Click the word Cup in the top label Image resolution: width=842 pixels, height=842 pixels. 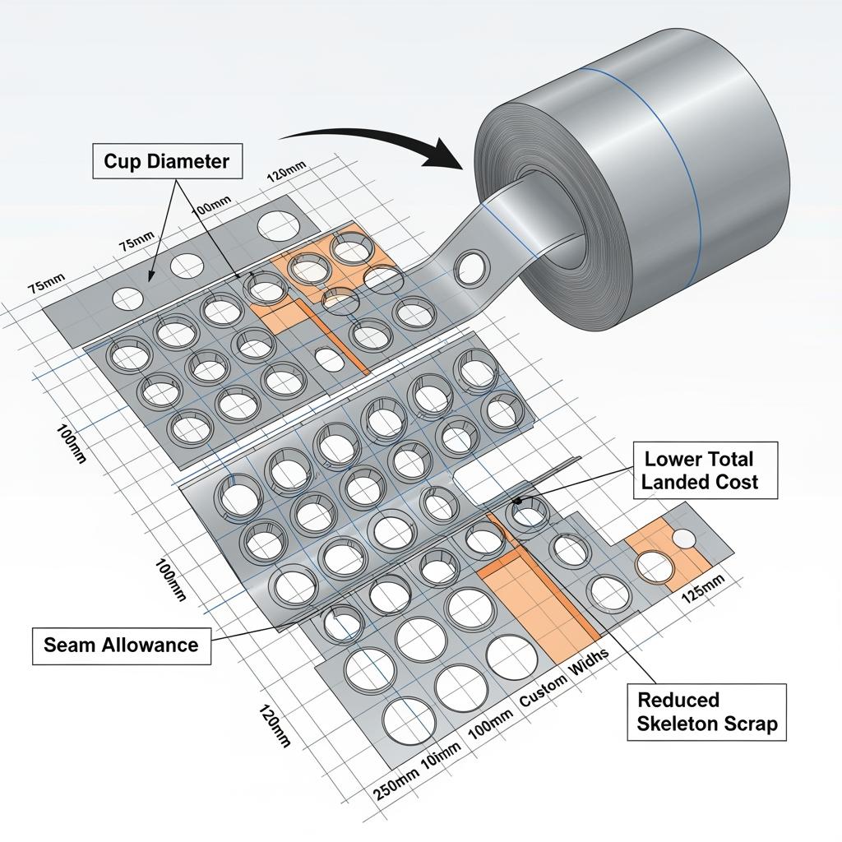click(123, 161)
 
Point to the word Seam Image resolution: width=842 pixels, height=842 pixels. click(69, 645)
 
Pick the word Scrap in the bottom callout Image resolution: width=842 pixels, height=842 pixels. click(748, 724)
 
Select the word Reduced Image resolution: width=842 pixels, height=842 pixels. click(678, 700)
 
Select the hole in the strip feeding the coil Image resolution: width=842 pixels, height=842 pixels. click(473, 266)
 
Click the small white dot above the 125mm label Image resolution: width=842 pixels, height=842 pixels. click(684, 538)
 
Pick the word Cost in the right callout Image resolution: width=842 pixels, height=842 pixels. click(737, 482)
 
